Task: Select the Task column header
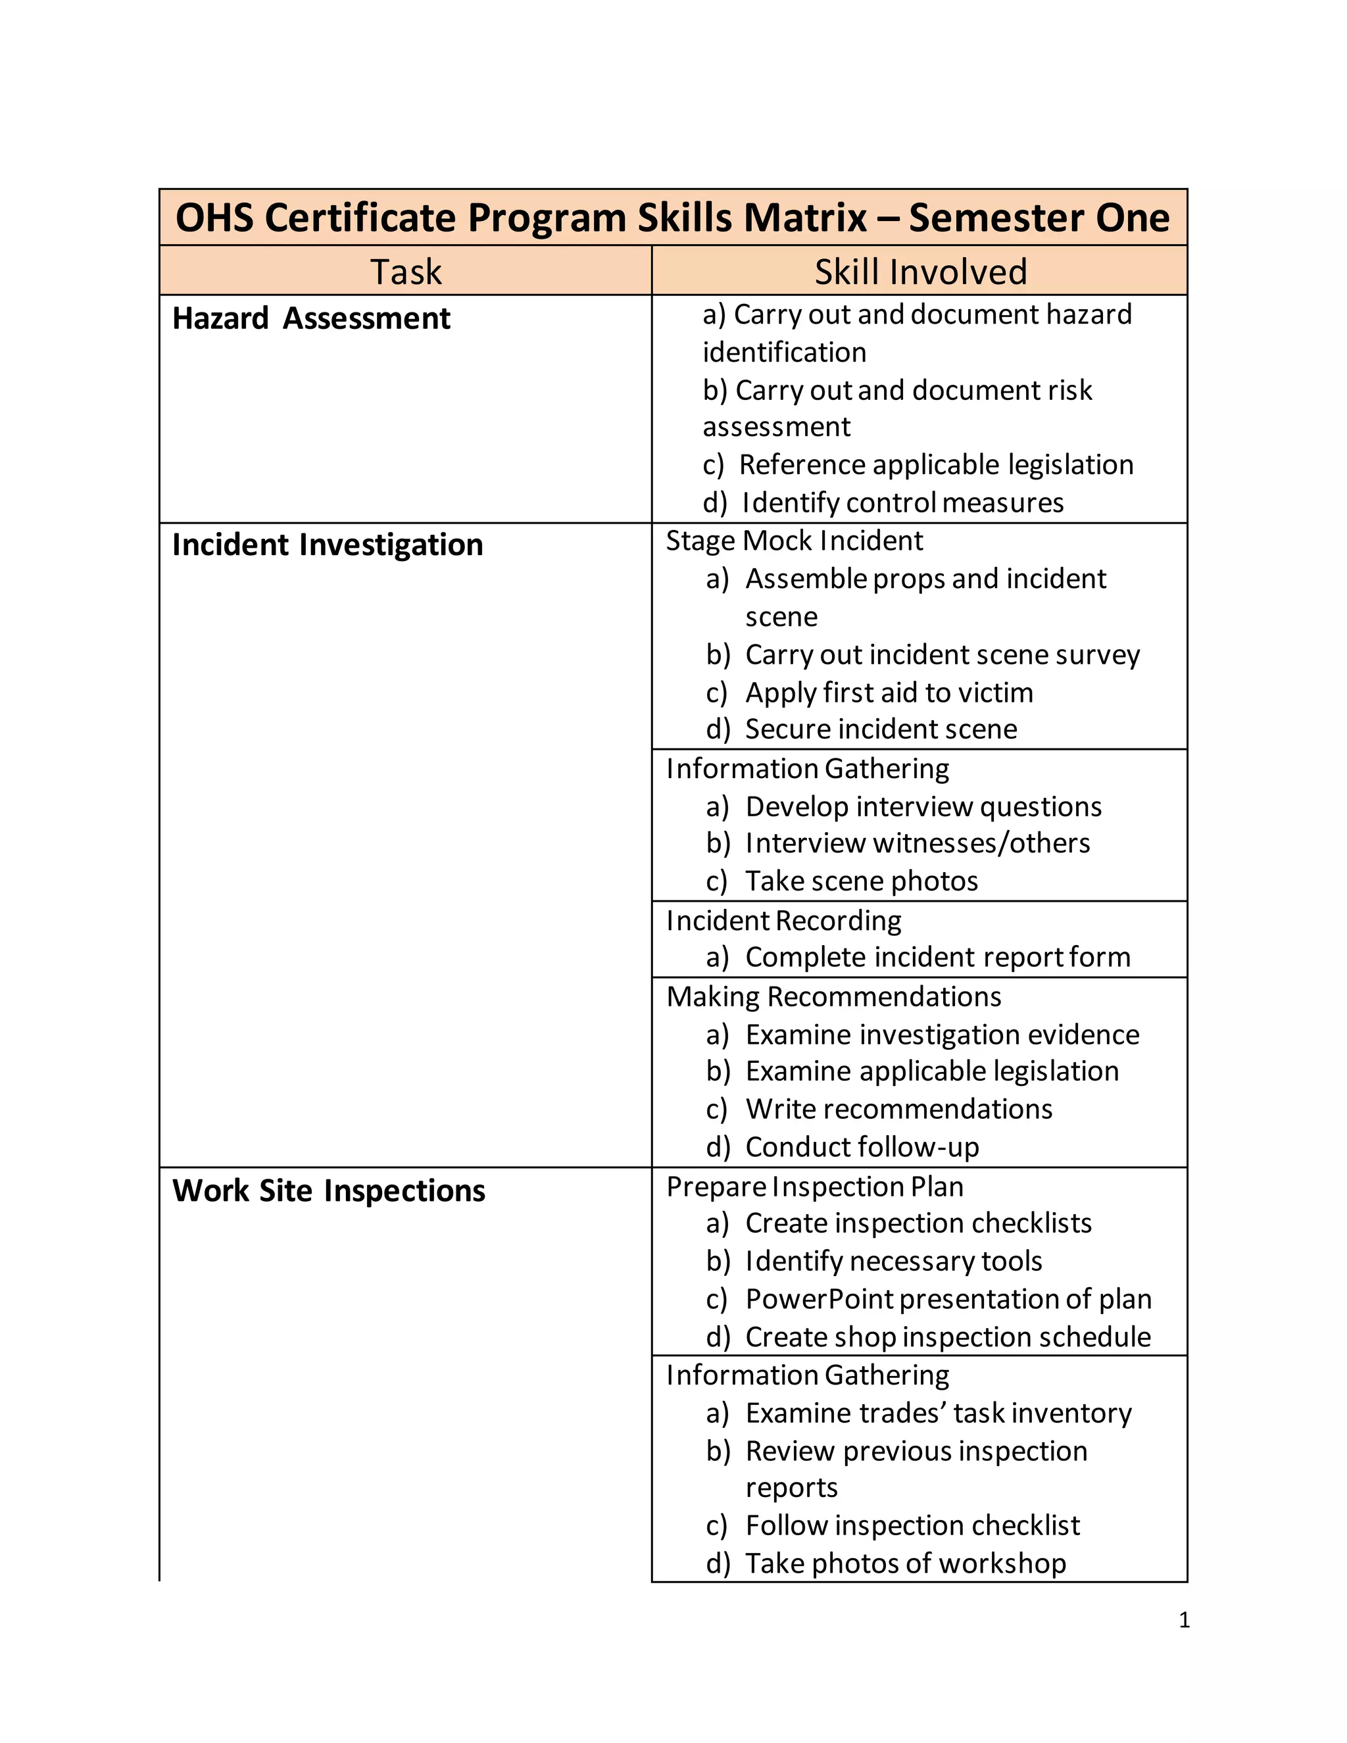point(405,272)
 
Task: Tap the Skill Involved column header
point(920,272)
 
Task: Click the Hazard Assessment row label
point(311,318)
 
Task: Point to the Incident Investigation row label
point(327,545)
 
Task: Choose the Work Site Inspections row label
point(328,1191)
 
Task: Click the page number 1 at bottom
point(1184,1620)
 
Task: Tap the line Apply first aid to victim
point(888,693)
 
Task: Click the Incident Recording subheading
point(783,921)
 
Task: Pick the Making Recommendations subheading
point(834,996)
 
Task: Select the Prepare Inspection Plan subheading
point(815,1187)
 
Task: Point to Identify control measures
point(902,503)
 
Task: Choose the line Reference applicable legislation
point(935,464)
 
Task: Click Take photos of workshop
point(905,1563)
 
